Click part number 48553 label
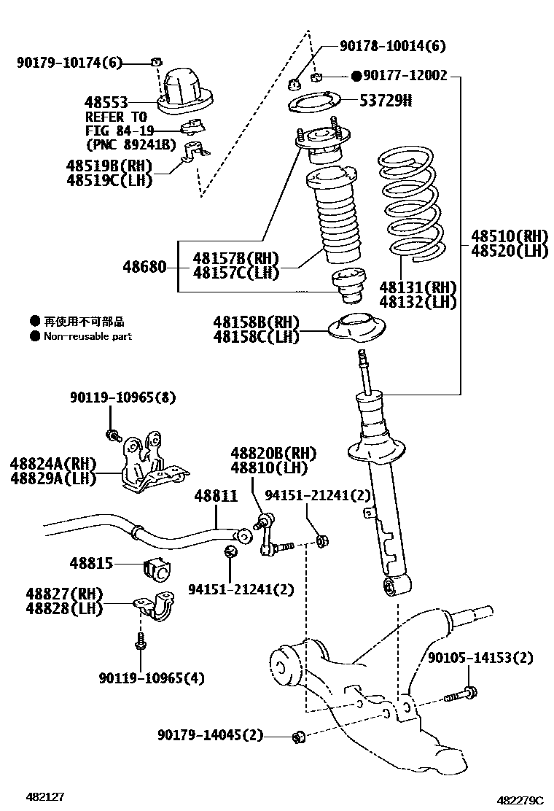click(x=107, y=103)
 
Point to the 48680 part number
click(x=144, y=268)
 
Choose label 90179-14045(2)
click(x=210, y=734)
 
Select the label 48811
click(x=216, y=497)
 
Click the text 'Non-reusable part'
click(x=87, y=337)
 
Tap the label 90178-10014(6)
click(x=393, y=46)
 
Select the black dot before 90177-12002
click(x=356, y=76)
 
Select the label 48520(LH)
click(x=509, y=251)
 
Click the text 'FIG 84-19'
click(x=120, y=131)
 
